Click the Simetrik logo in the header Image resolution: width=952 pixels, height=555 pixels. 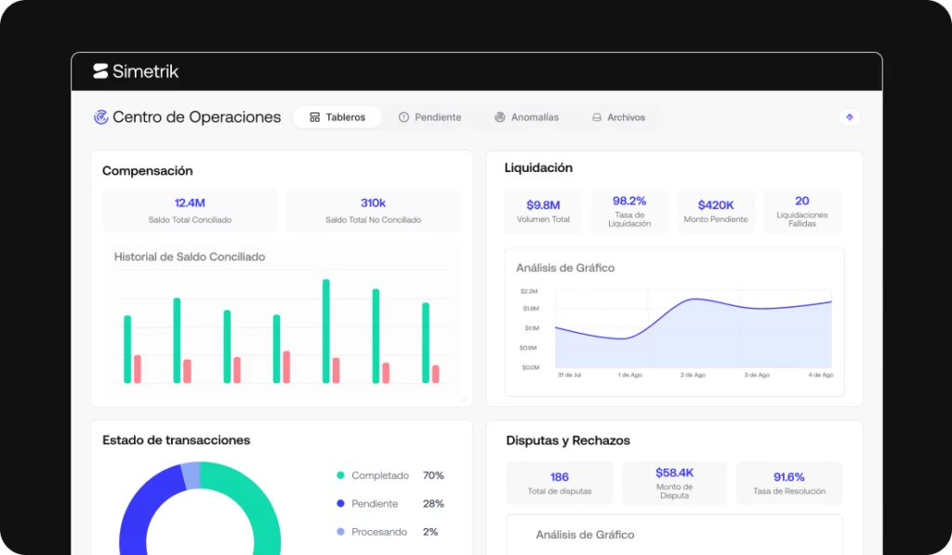tap(136, 71)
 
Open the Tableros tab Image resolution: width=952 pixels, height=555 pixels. tap(337, 117)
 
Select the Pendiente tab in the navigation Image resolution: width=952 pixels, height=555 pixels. tap(430, 117)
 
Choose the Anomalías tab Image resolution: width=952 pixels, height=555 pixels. tap(526, 117)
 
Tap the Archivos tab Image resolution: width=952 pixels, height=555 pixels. tap(618, 117)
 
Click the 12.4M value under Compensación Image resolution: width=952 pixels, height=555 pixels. tap(190, 203)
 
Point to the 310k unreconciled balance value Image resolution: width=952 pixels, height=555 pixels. tap(373, 203)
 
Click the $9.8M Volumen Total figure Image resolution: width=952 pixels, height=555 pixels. tap(543, 205)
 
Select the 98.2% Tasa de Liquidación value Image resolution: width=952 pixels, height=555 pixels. tap(629, 201)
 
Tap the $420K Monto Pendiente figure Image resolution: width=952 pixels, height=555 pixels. tap(716, 205)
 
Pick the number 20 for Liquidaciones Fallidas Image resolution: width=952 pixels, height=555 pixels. tap(802, 201)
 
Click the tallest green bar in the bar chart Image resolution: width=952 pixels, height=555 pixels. tap(326, 331)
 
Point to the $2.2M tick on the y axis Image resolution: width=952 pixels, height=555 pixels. tap(529, 292)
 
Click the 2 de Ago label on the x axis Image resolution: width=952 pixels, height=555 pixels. tap(693, 376)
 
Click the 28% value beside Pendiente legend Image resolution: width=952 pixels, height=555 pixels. tap(433, 503)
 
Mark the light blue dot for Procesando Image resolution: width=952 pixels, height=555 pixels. tap(340, 532)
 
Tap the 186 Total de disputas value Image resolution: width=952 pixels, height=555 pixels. tap(559, 477)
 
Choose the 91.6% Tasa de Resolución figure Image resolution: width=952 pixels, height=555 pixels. tap(788, 477)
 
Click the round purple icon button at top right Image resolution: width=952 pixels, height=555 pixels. tap(850, 117)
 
